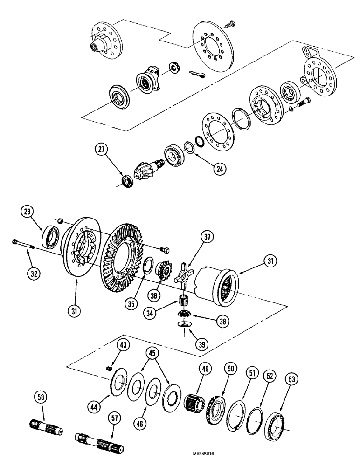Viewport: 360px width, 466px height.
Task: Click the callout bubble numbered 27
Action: coord(102,151)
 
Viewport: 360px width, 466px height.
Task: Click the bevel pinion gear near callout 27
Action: coord(146,167)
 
